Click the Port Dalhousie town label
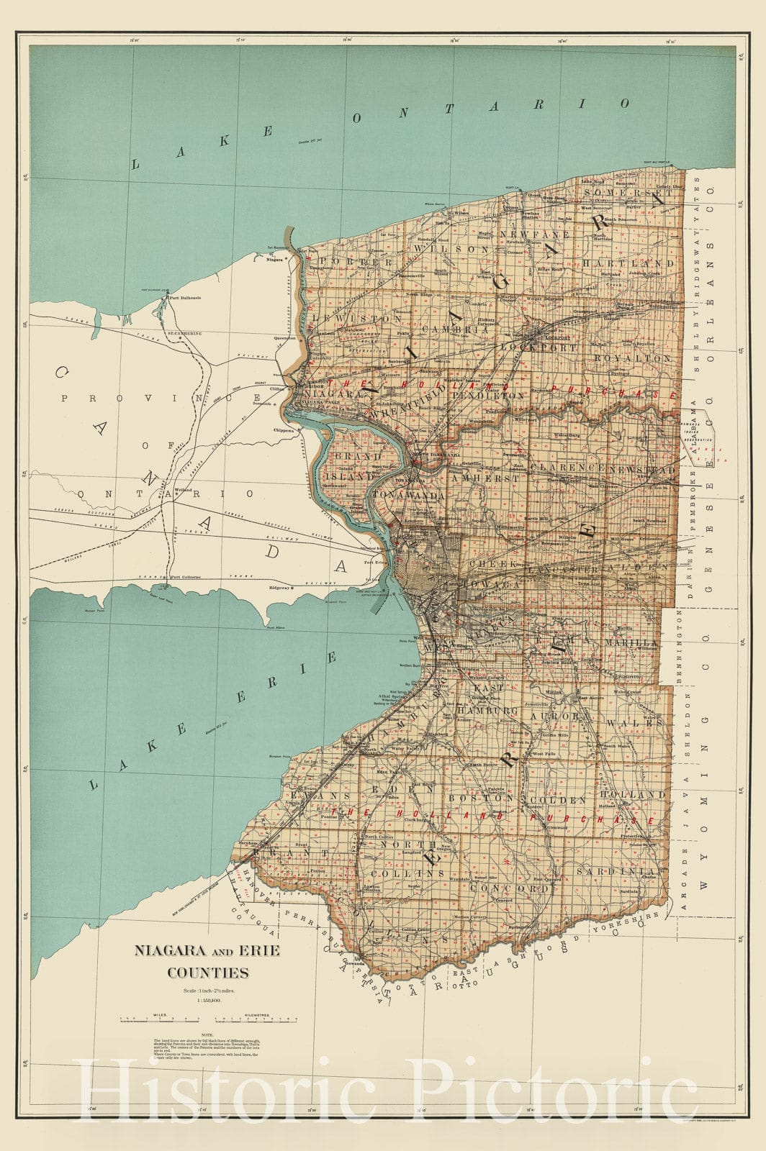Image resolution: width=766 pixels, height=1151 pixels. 183,297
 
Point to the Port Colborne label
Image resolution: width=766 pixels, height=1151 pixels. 186,578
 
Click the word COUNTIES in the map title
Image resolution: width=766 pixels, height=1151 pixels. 208,973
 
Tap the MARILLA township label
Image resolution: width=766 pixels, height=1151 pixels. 631,642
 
